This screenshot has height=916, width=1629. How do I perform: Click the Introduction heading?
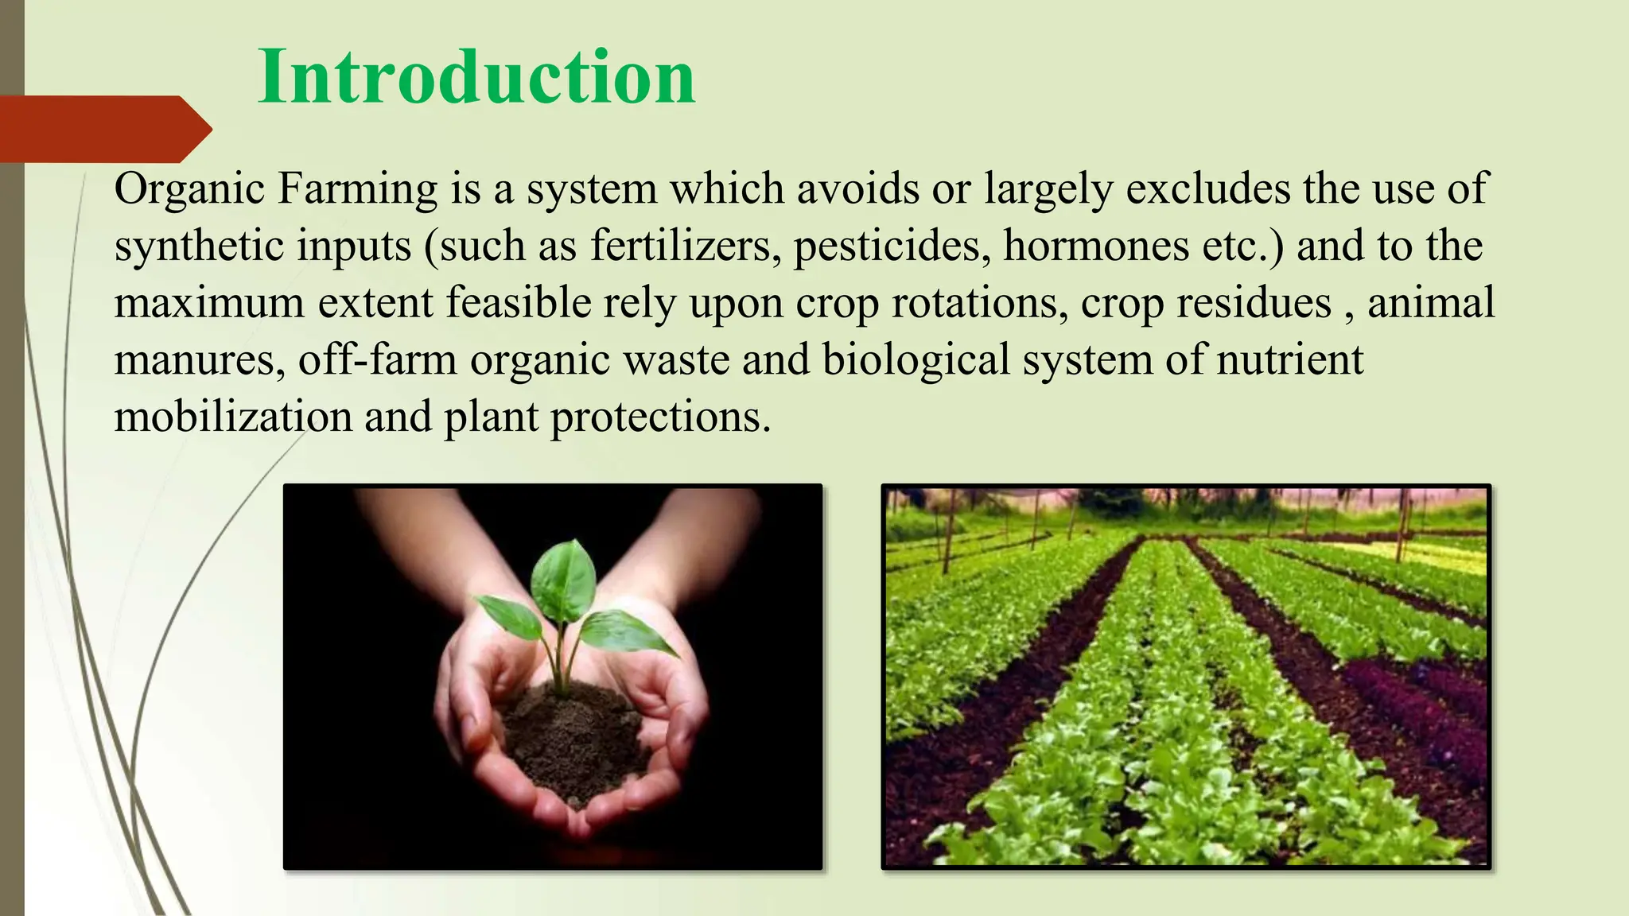[476, 77]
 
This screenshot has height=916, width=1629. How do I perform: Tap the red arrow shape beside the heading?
[103, 129]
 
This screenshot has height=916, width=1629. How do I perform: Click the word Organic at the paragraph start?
[189, 189]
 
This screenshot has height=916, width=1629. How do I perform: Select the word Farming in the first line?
[357, 189]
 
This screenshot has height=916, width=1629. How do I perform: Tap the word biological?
[916, 360]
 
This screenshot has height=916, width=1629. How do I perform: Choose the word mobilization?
[233, 417]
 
